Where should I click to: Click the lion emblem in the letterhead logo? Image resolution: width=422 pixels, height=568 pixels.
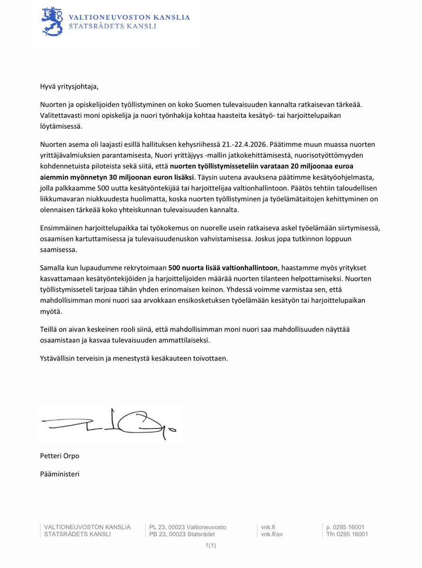pyautogui.click(x=52, y=21)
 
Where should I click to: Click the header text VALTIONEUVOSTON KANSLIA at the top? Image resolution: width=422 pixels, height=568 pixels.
pyautogui.click(x=129, y=17)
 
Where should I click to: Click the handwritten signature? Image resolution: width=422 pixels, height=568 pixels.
pyautogui.click(x=109, y=423)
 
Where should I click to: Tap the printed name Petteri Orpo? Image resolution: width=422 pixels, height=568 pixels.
pyautogui.click(x=60, y=456)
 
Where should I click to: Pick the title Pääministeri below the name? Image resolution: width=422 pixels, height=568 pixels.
pyautogui.click(x=60, y=473)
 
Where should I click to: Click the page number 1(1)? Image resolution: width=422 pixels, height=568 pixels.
pyautogui.click(x=211, y=546)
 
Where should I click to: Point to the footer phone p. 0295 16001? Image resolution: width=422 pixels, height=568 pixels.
pyautogui.click(x=345, y=527)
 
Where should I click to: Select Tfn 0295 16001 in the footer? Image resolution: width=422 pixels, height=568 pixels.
pyautogui.click(x=347, y=534)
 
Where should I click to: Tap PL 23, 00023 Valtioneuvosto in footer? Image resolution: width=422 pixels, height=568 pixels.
pyautogui.click(x=188, y=527)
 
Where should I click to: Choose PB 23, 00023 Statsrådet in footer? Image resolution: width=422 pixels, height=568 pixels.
pyautogui.click(x=182, y=534)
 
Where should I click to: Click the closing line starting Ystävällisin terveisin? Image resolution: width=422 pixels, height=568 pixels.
pyautogui.click(x=134, y=358)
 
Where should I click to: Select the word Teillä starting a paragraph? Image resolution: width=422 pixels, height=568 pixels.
pyautogui.click(x=49, y=329)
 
